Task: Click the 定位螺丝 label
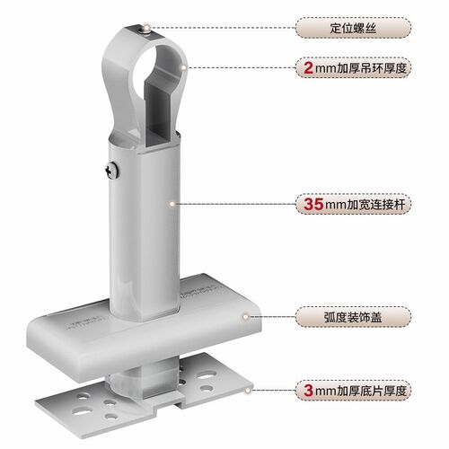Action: tap(353, 28)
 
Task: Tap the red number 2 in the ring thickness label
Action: tap(309, 68)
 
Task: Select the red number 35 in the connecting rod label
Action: tap(313, 204)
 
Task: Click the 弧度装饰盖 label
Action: tap(353, 317)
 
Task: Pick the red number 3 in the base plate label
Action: tap(309, 391)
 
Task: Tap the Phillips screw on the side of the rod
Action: tap(111, 171)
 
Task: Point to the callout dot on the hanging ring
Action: tap(183, 67)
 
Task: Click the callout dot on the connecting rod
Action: tap(172, 204)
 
